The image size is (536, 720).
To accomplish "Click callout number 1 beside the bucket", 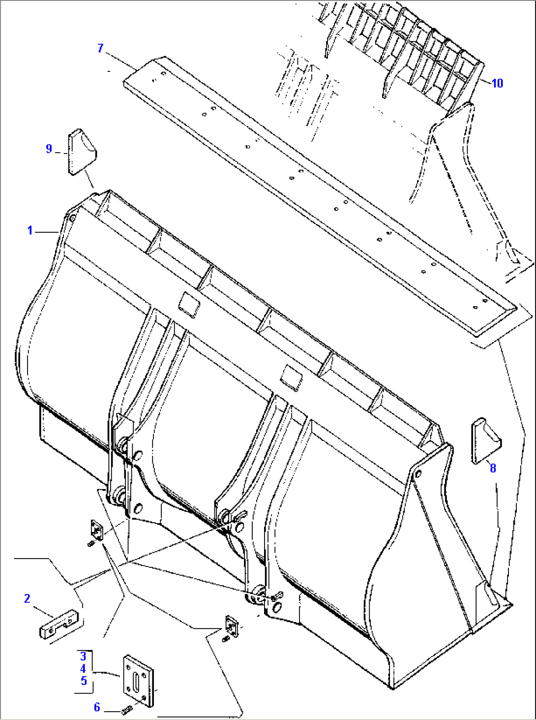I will point(30,230).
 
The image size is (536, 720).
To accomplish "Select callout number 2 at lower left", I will point(27,598).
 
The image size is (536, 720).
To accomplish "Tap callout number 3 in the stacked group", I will point(83,656).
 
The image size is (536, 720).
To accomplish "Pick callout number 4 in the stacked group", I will point(83,668).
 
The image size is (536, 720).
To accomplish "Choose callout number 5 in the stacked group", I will point(83,681).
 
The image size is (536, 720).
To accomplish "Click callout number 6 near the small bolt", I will point(97,707).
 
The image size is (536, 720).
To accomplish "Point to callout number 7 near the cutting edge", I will point(100,48).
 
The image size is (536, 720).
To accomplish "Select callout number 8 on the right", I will point(493,468).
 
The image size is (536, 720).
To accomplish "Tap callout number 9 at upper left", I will point(49,149).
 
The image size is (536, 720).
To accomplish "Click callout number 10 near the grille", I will point(497,83).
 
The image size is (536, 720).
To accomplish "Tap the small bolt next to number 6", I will point(126,710).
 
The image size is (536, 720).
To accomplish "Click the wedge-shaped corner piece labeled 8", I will point(485,441).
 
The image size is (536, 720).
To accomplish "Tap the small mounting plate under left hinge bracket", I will point(96,531).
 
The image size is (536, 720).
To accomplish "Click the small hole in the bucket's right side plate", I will point(417,474).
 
